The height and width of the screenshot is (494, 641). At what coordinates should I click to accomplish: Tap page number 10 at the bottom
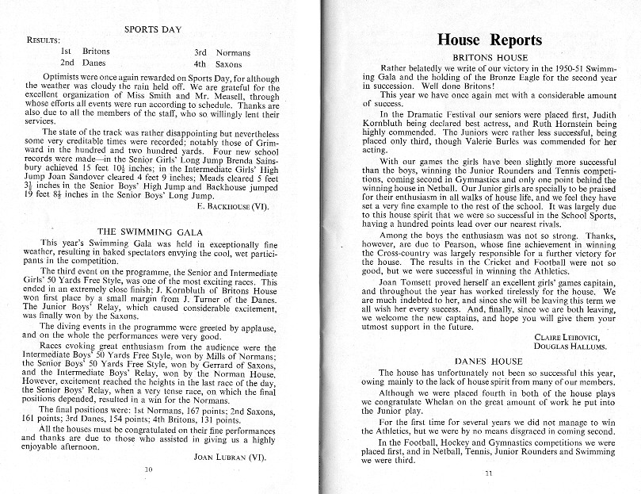click(x=148, y=469)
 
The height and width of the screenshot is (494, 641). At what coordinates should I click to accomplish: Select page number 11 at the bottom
click(x=488, y=474)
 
